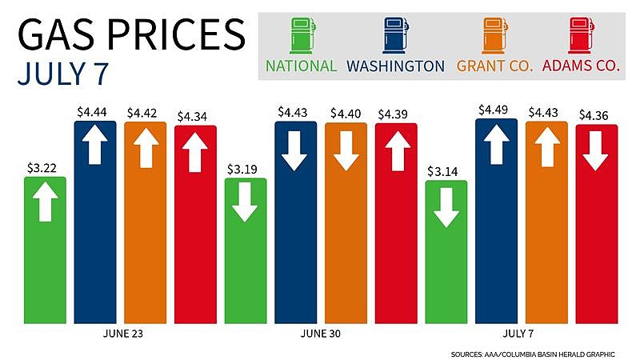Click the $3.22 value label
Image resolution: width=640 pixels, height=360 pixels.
click(x=45, y=170)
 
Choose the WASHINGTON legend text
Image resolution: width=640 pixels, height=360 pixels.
click(x=397, y=66)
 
